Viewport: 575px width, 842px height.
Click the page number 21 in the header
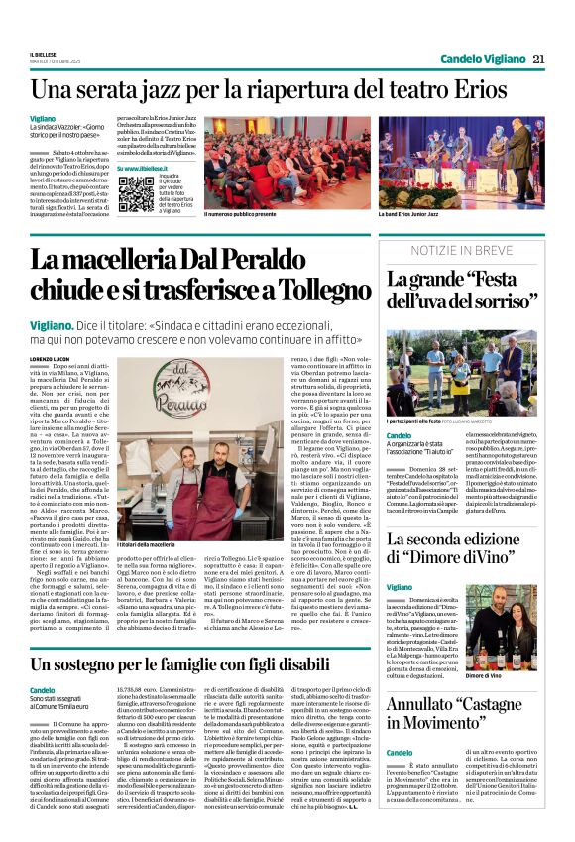539,59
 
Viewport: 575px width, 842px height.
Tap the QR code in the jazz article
136,194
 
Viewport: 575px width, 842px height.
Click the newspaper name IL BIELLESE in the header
44,56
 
